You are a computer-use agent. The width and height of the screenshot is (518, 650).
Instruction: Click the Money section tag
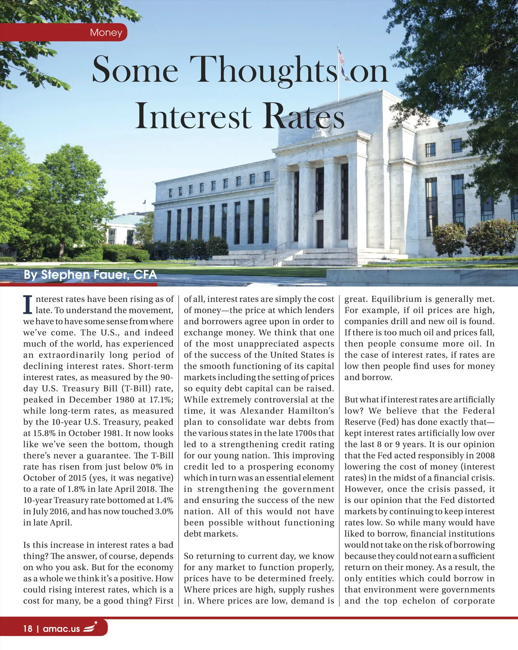(x=106, y=32)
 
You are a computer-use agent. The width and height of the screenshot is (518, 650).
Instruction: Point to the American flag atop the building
(x=341, y=57)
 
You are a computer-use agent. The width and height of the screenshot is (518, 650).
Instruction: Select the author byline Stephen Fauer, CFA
(x=90, y=275)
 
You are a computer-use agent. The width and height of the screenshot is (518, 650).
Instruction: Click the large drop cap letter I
(x=28, y=305)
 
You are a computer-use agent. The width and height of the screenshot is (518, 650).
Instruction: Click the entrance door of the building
(x=320, y=234)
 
